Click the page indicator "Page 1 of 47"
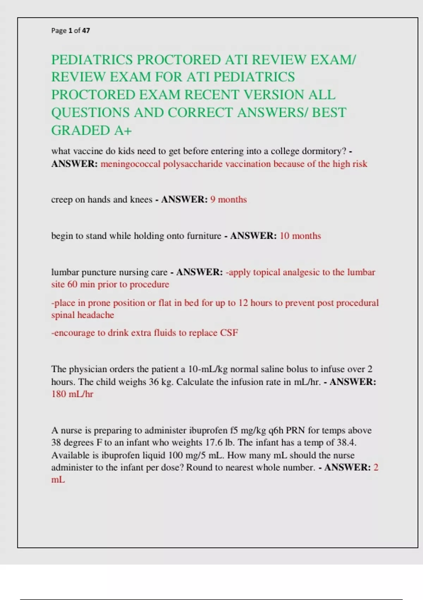70,31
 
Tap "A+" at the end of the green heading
123,131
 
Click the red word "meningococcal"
130,164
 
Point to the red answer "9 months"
228,199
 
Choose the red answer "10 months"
300,236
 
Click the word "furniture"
204,236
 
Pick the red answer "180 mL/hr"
72,394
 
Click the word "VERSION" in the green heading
274,95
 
